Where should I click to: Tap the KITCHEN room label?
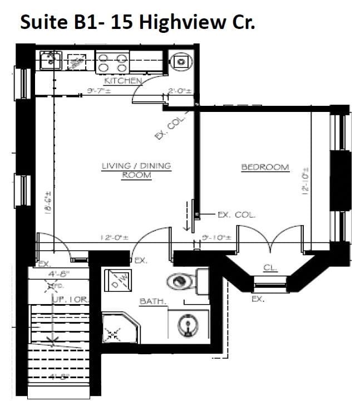[123, 81]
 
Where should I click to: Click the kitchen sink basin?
[51, 59]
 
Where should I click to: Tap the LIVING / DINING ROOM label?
[136, 170]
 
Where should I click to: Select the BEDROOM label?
[265, 167]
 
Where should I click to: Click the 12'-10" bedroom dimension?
[305, 182]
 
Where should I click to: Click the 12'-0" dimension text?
[115, 237]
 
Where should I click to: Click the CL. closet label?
[270, 268]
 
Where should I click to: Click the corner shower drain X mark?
[114, 335]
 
